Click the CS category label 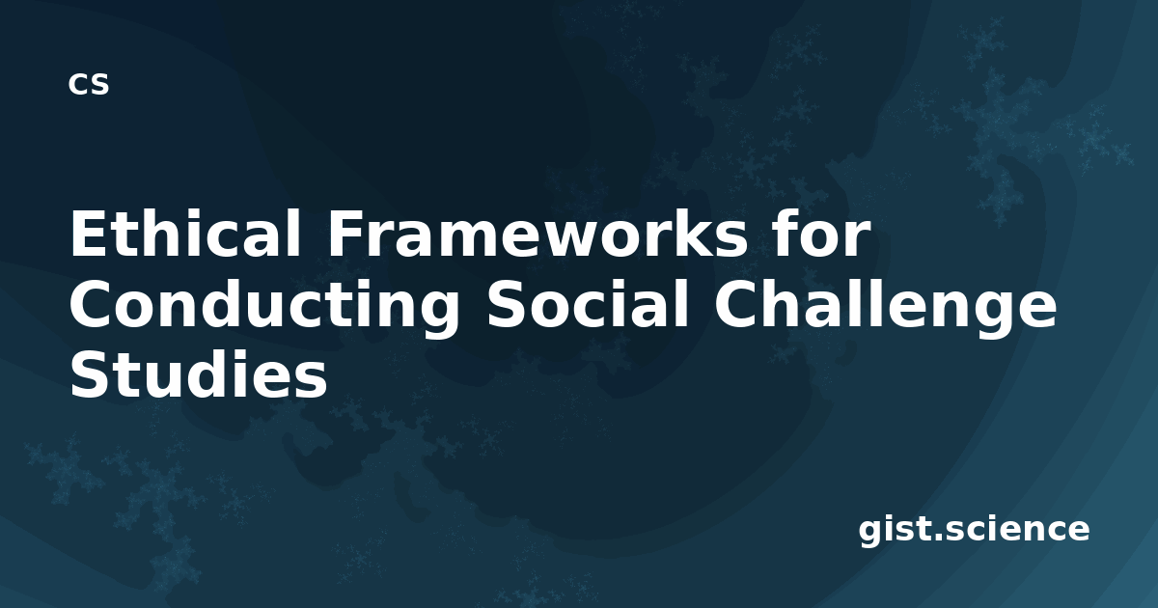tap(89, 84)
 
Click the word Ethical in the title tap(185, 233)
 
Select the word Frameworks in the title tap(538, 233)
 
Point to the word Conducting tap(264, 309)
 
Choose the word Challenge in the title tap(886, 309)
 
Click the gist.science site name tap(974, 531)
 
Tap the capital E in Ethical tap(89, 233)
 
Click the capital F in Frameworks tap(345, 233)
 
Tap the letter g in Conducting tap(439, 315)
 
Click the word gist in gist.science tap(894, 531)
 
